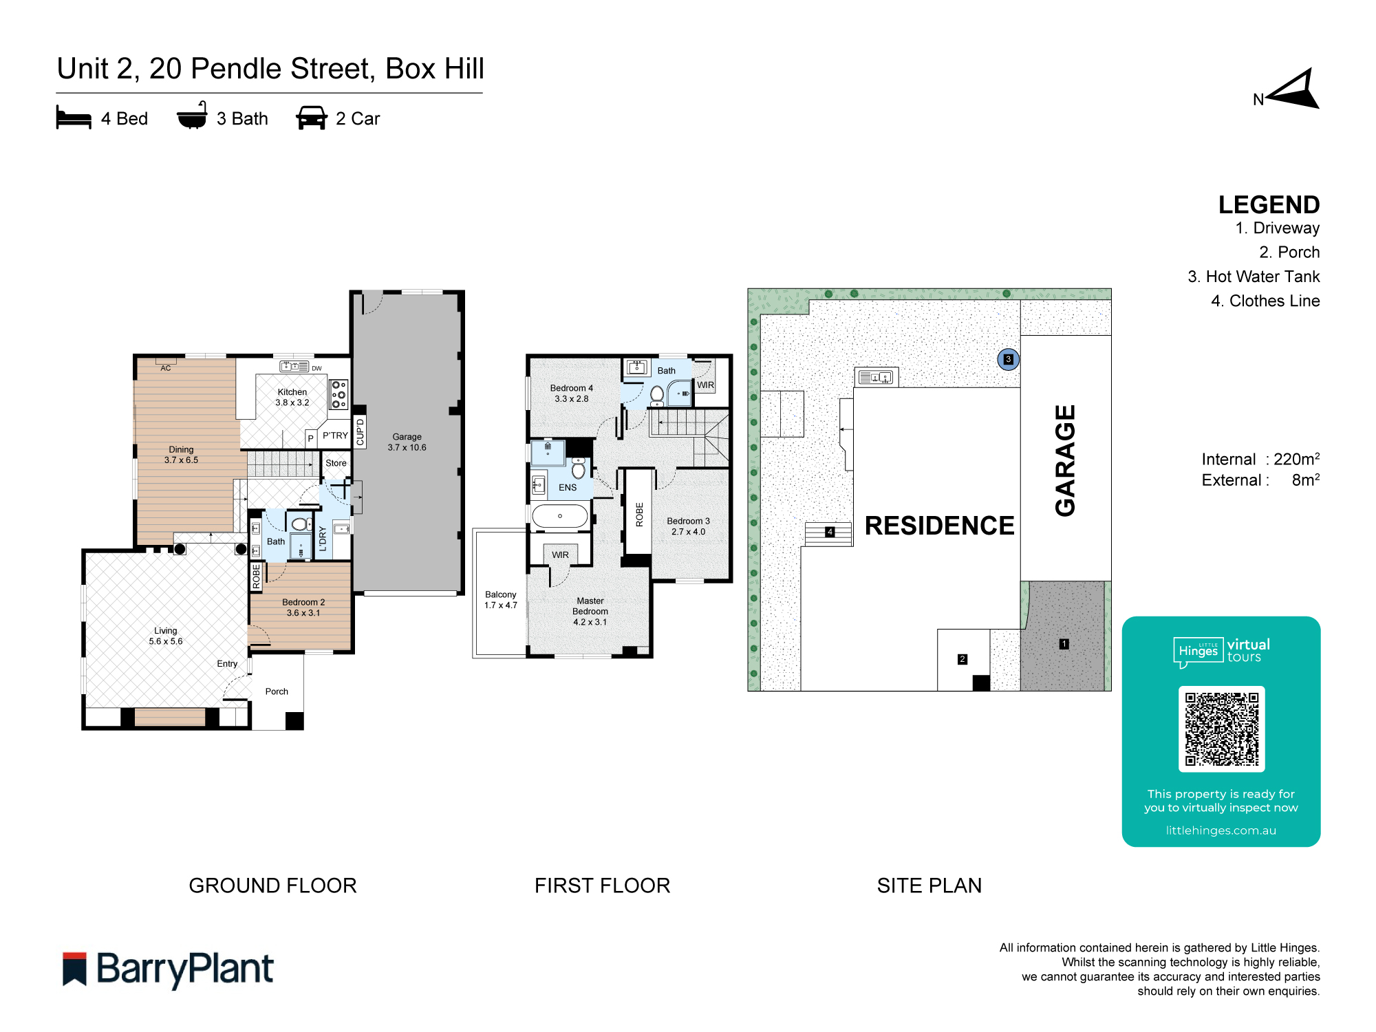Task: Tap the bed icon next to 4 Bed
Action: pos(74,118)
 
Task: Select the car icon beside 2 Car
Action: pos(311,118)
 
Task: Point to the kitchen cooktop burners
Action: pos(338,395)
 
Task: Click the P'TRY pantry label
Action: pos(335,436)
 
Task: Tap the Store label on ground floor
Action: pos(336,463)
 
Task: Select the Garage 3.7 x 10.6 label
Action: pos(407,442)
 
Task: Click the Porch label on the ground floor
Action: pos(277,691)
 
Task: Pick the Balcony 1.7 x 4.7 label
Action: pos(500,599)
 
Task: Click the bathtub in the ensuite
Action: pos(560,516)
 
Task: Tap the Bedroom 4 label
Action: pos(571,393)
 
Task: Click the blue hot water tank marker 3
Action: pos(1008,359)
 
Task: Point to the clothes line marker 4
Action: pos(830,532)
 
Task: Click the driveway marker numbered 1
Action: pos(1064,644)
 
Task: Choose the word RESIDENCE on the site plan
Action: pos(938,526)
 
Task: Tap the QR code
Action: pos(1221,729)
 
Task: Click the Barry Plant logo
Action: pos(168,969)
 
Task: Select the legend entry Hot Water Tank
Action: pos(1253,277)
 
